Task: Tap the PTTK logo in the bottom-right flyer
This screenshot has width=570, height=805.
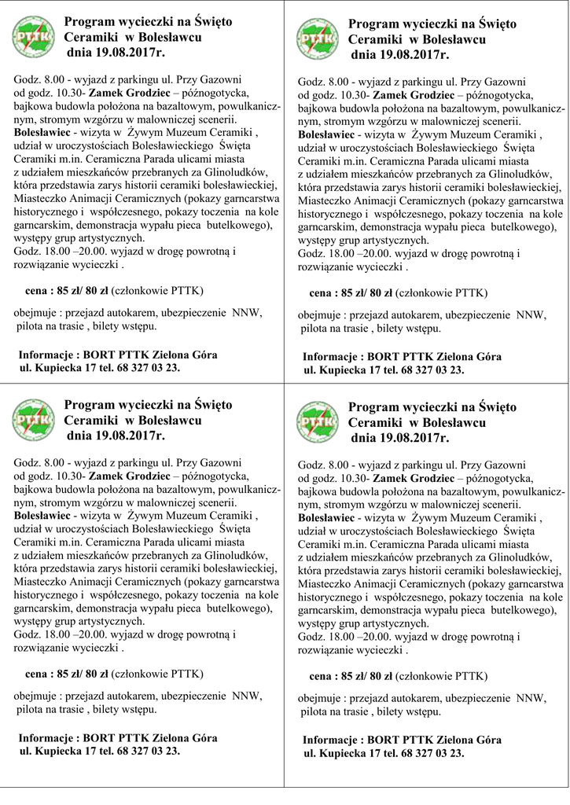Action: click(318, 423)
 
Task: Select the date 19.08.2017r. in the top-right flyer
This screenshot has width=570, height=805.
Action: click(399, 56)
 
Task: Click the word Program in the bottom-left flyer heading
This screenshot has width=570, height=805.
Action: click(89, 405)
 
